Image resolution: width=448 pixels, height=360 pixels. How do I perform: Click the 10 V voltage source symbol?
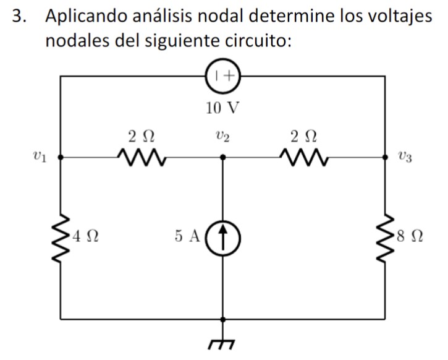(x=224, y=76)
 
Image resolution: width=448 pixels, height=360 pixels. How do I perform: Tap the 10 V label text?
(x=223, y=108)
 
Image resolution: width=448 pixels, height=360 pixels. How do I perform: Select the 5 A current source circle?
(x=223, y=236)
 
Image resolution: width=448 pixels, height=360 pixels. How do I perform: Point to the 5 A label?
(x=187, y=236)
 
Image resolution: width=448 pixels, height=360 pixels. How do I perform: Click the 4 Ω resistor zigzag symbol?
(x=61, y=238)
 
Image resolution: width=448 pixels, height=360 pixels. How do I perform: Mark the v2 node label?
(x=223, y=136)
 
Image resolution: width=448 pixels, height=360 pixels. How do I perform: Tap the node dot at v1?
(x=61, y=158)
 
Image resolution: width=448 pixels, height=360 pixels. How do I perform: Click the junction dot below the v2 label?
(x=223, y=158)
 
